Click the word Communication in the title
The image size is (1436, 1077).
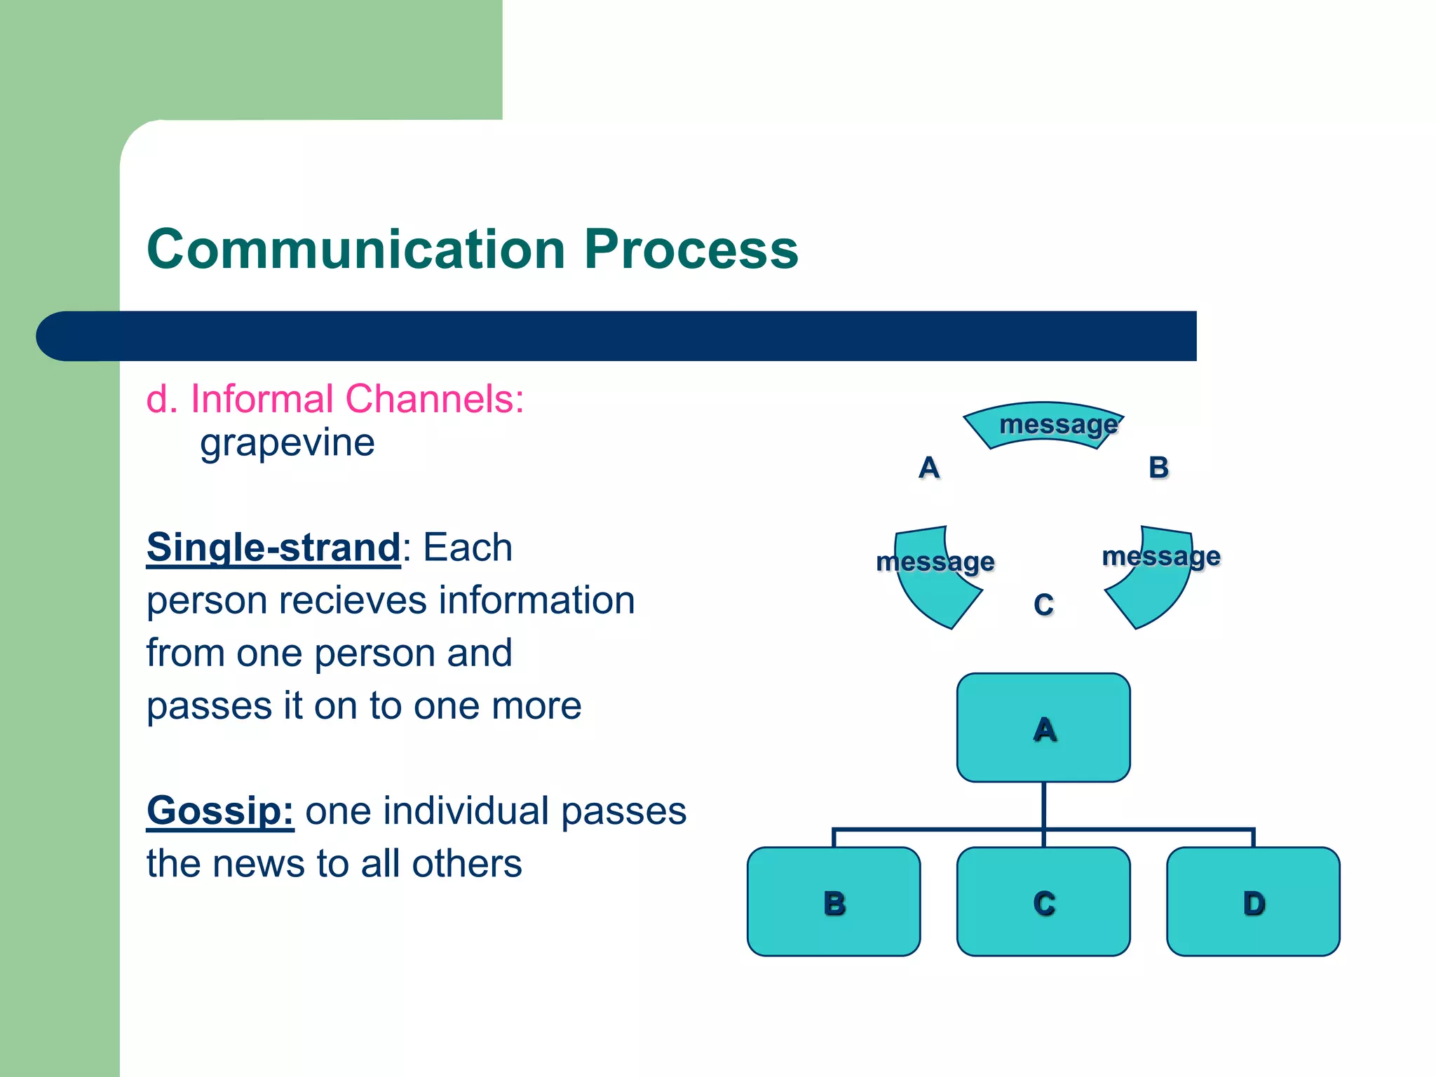click(x=356, y=250)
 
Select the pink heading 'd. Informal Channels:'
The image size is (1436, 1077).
click(x=334, y=399)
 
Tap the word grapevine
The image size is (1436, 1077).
click(x=287, y=443)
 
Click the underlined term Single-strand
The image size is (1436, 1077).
click(x=273, y=548)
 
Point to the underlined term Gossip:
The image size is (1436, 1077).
click(x=219, y=811)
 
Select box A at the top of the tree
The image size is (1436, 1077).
click(x=1043, y=728)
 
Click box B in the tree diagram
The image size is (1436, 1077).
click(x=833, y=902)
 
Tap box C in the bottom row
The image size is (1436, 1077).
click(x=1043, y=902)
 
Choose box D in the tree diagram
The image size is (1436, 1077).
click(x=1253, y=902)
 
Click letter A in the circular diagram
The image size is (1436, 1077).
click(x=928, y=468)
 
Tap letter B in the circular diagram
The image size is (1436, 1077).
click(x=1158, y=468)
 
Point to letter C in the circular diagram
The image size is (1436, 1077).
click(x=1043, y=605)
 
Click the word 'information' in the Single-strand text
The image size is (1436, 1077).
click(x=536, y=601)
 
